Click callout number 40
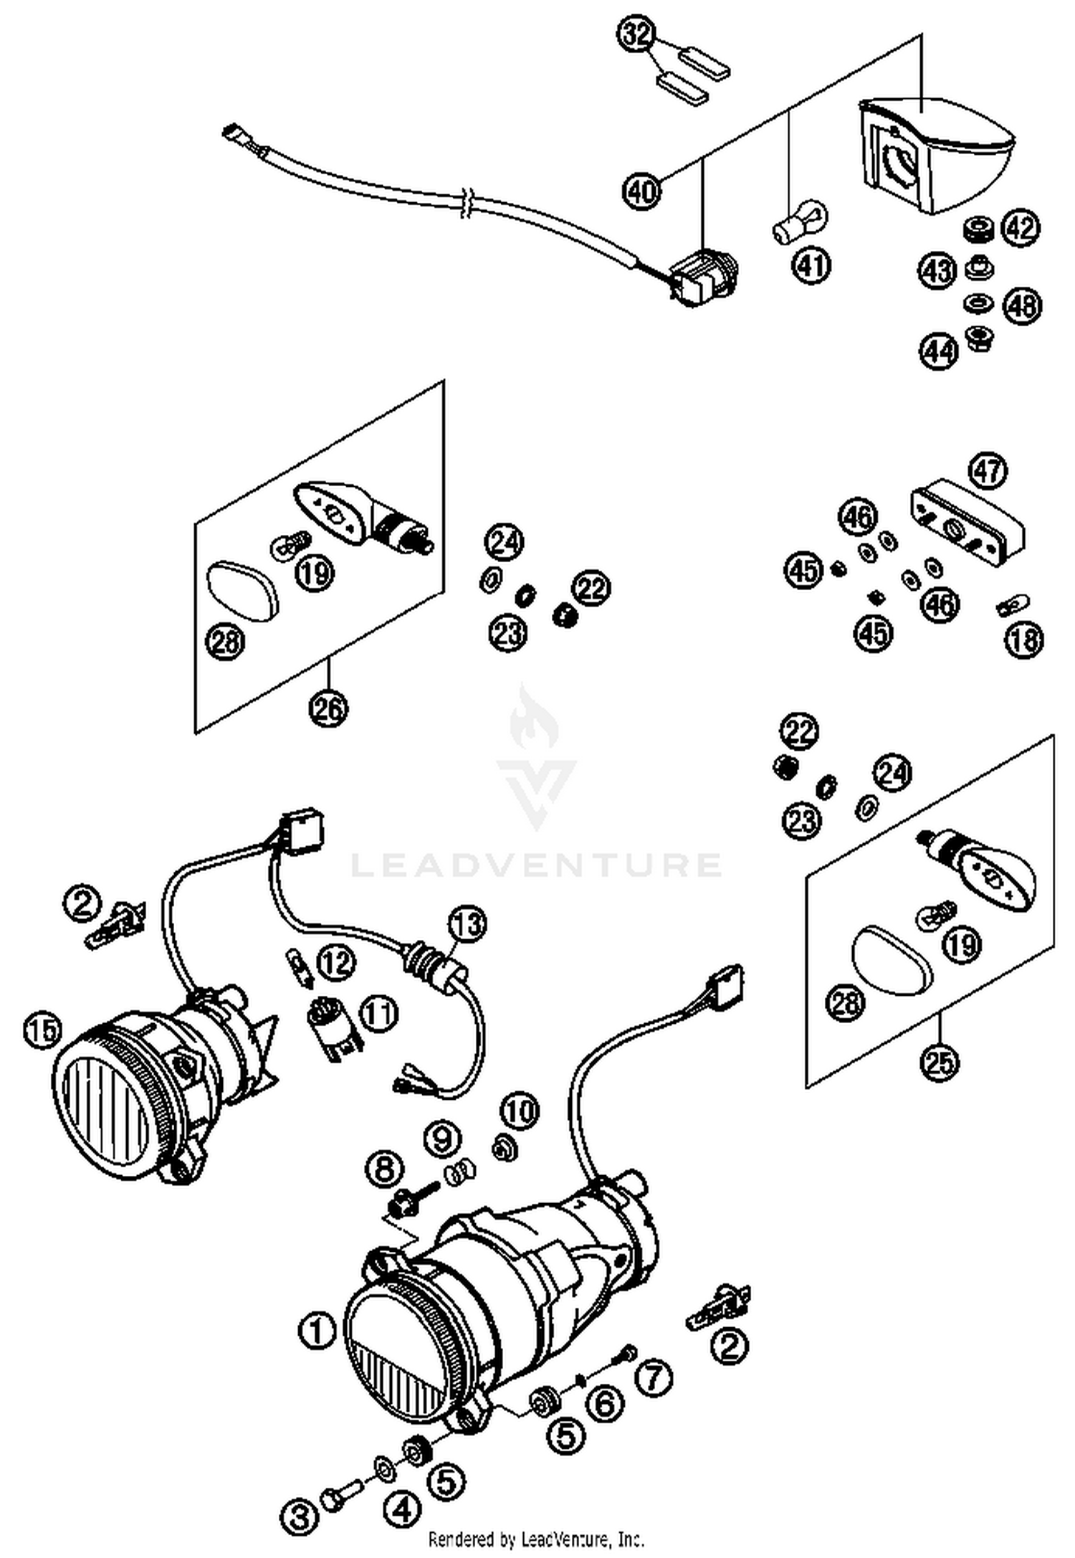(x=642, y=191)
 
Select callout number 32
(x=637, y=35)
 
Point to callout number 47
(x=988, y=471)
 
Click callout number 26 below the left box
(x=329, y=708)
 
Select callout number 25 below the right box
(x=940, y=1062)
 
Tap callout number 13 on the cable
(x=467, y=925)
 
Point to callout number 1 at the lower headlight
(x=317, y=1332)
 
